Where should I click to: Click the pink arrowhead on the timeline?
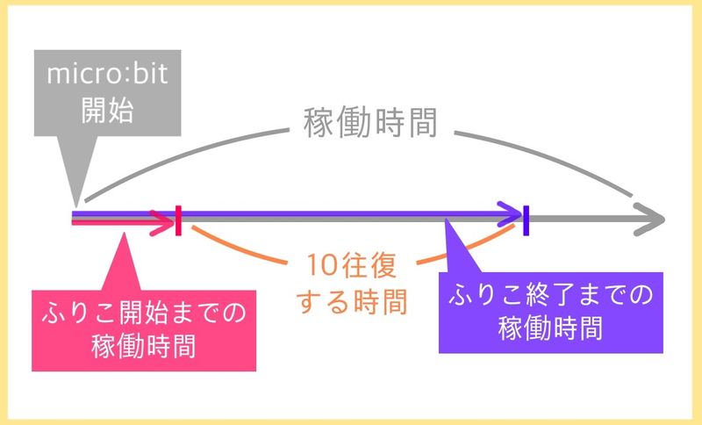[163, 220]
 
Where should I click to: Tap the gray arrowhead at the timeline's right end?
[651, 219]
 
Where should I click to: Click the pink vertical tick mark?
[179, 220]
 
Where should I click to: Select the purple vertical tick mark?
[526, 220]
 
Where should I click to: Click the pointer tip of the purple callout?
[448, 223]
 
